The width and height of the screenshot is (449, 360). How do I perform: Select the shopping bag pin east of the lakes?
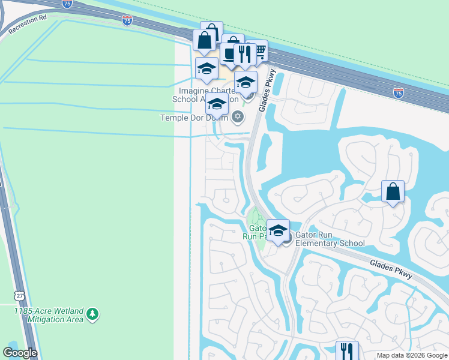point(393,192)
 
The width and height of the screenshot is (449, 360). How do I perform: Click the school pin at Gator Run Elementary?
point(278,230)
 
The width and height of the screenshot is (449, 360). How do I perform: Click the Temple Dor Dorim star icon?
point(238,116)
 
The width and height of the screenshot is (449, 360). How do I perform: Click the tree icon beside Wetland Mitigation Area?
point(92,313)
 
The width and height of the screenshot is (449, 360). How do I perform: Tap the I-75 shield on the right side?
point(399,92)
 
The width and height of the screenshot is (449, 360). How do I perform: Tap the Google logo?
point(20,353)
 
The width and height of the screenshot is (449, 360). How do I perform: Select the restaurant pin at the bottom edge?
point(346,350)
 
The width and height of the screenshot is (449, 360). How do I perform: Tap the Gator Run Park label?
point(258,232)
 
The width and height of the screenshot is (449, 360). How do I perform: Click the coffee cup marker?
point(231,54)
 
